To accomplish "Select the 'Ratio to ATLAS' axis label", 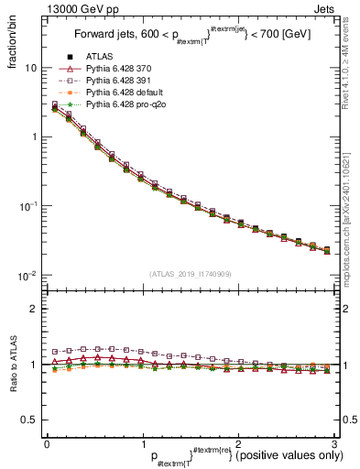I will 12,365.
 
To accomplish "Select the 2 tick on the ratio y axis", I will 34,309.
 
